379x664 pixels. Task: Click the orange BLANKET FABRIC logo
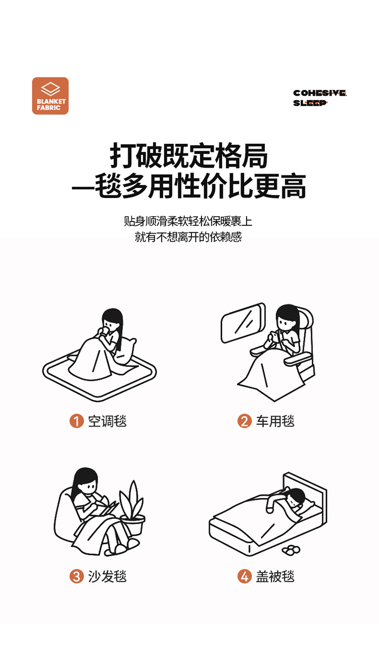[51, 96]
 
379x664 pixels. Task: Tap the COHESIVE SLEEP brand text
[320, 98]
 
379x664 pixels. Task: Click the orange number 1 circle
[76, 421]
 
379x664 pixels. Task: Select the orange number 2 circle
[245, 421]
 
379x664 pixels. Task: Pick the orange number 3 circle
[76, 576]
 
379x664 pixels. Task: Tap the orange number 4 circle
[245, 576]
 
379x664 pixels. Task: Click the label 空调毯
[107, 421]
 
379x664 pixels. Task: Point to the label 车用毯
[275, 421]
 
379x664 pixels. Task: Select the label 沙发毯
[107, 576]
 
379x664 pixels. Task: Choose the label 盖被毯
[275, 576]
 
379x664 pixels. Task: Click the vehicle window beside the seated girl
[243, 323]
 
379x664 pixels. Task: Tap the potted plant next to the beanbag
[132, 508]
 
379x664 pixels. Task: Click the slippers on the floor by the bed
[291, 550]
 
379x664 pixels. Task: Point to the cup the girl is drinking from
[104, 331]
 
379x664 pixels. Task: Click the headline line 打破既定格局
[189, 156]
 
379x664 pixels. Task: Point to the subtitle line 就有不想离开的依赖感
[188, 237]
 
